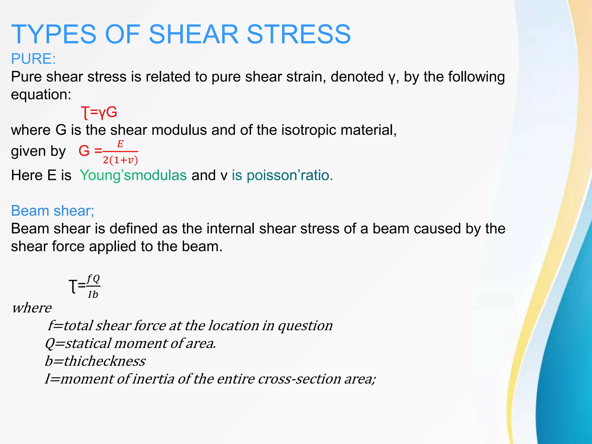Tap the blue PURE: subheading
(33, 59)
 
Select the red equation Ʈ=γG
(99, 112)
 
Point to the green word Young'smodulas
(133, 175)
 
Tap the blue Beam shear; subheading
(53, 211)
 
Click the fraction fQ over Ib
(93, 286)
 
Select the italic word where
(32, 308)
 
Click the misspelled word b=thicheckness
(95, 361)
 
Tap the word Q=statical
(77, 343)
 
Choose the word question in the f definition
(305, 326)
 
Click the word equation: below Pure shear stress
(41, 95)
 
